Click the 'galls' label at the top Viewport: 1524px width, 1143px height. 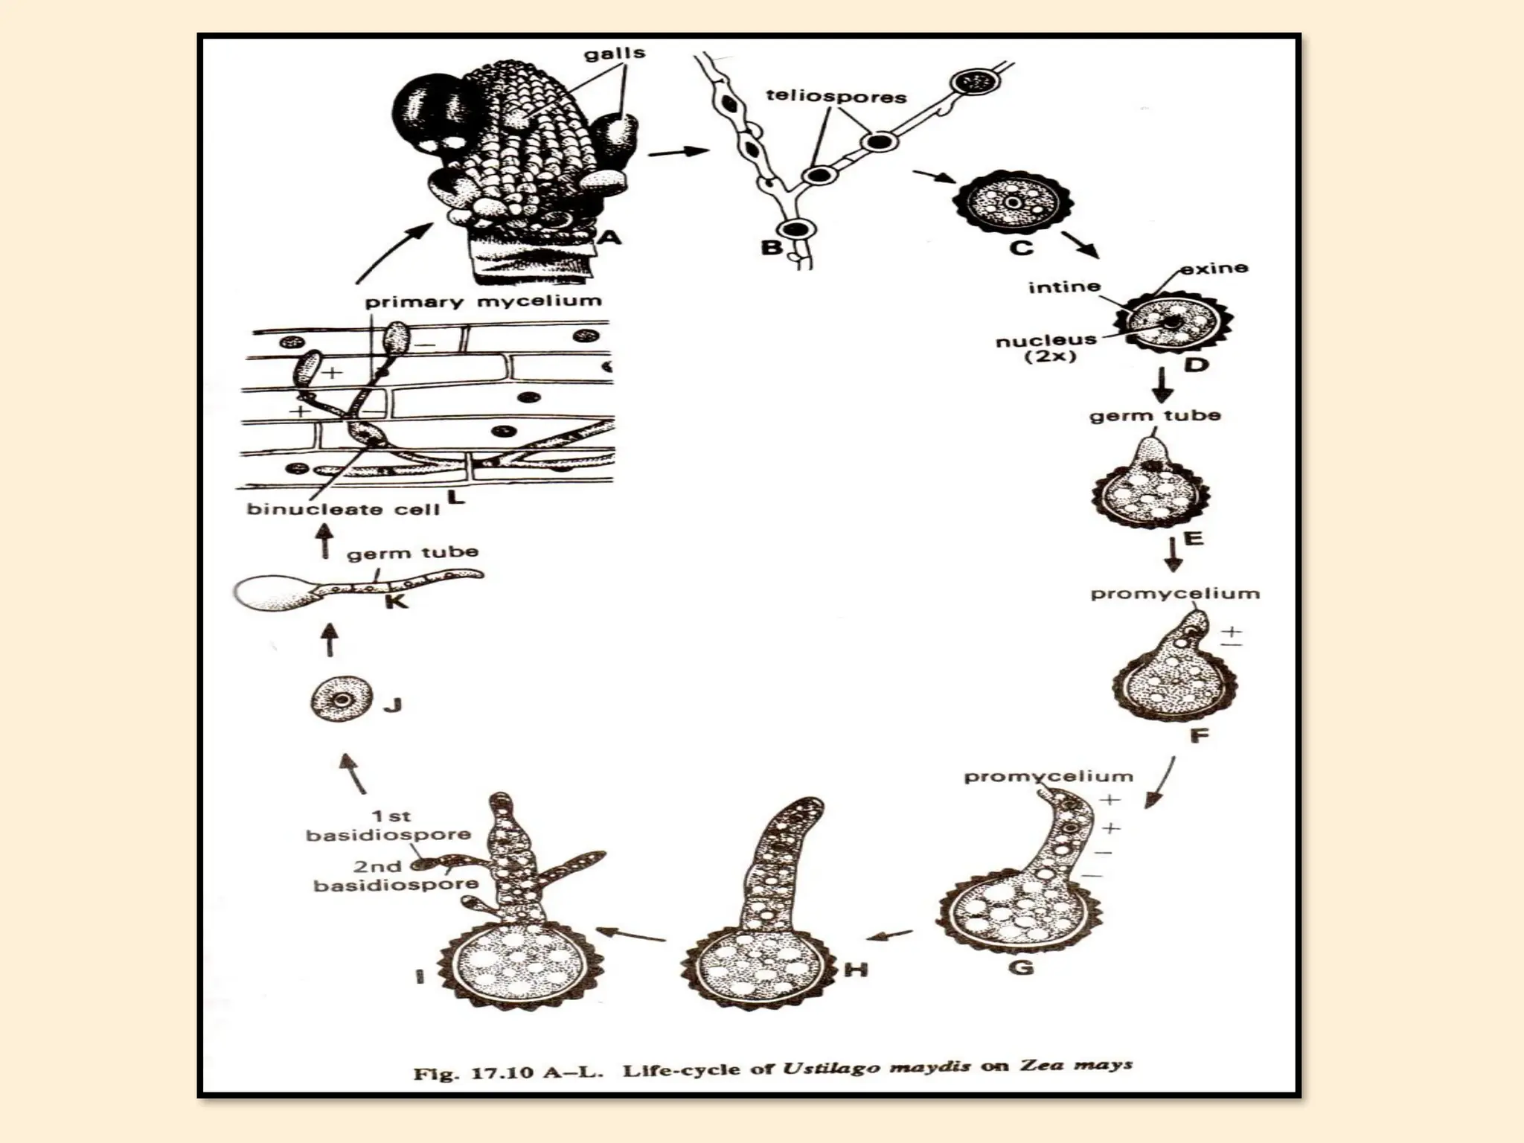614,54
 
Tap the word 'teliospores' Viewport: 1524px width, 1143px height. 836,97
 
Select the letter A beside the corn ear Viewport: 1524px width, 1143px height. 609,237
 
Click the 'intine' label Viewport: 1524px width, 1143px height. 1064,287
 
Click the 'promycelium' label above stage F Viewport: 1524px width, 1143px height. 1175,594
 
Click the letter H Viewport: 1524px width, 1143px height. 858,969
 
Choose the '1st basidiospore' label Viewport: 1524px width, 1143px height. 389,825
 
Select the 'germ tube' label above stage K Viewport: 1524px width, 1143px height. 413,553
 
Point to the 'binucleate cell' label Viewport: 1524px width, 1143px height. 343,510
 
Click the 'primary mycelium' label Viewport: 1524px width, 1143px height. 483,301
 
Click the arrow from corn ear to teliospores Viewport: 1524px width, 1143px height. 678,153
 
